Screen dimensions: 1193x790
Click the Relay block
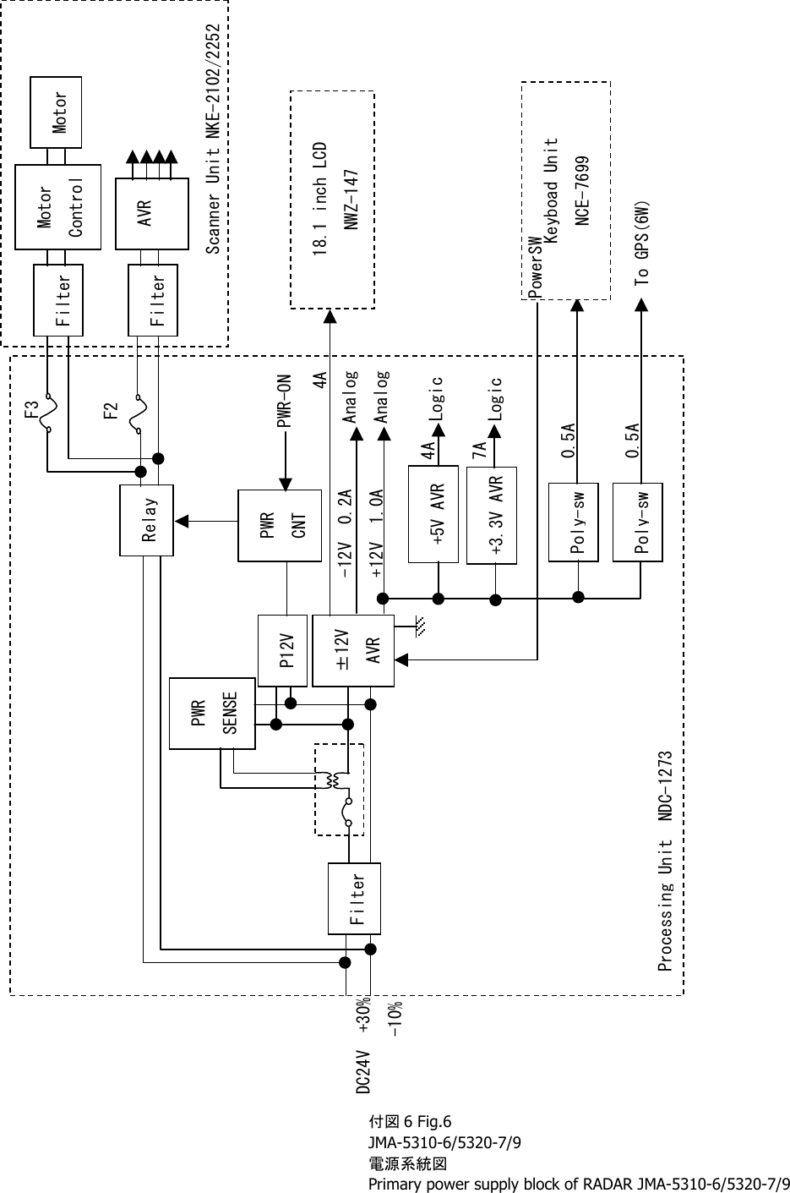[147, 520]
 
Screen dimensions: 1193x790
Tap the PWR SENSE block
[211, 713]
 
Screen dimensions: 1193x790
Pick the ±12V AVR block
[352, 649]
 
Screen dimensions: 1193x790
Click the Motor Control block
[58, 207]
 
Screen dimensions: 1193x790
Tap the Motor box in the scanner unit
[57, 111]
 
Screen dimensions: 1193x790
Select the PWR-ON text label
[286, 403]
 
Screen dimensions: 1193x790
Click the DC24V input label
[362, 1072]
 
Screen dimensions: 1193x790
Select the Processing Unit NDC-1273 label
[665, 860]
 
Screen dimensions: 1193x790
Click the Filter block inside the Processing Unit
[354, 898]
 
